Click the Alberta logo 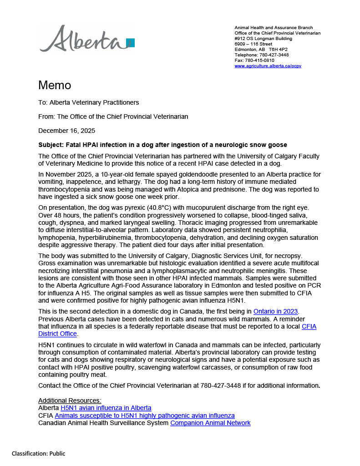(x=86, y=39)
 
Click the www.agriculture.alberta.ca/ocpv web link (x=268, y=66)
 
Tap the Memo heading (x=55, y=86)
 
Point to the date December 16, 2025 (x=66, y=131)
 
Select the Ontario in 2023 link (x=275, y=311)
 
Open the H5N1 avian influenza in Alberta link (x=106, y=408)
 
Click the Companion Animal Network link (x=210, y=423)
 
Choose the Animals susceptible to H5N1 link (x=145, y=415)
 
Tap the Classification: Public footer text (x=39, y=453)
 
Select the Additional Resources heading (x=70, y=400)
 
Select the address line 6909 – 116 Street (x=253, y=44)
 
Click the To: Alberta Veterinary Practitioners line (x=88, y=102)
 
